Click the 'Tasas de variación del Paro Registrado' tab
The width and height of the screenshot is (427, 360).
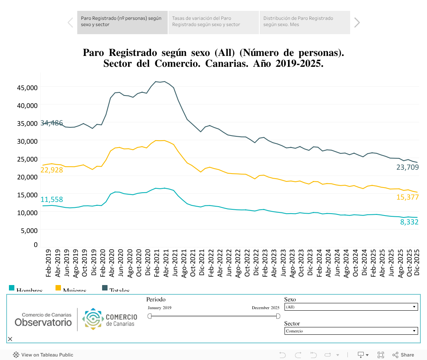tap(213, 22)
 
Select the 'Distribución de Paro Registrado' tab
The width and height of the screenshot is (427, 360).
tap(304, 22)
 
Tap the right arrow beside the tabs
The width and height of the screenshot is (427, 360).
tap(357, 23)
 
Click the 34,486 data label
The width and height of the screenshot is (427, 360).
tap(52, 123)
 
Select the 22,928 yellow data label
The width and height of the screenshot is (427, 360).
tap(52, 170)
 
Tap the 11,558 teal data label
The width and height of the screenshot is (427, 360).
tap(52, 200)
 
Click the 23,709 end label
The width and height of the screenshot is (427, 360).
tap(408, 167)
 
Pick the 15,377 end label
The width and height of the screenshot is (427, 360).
tap(408, 197)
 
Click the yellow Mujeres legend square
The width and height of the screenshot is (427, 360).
tap(58, 288)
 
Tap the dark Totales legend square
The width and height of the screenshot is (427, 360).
tap(105, 288)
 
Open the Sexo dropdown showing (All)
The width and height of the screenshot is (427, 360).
tap(351, 307)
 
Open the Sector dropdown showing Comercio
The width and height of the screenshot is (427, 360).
tap(351, 331)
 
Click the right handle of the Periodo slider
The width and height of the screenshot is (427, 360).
tap(278, 316)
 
